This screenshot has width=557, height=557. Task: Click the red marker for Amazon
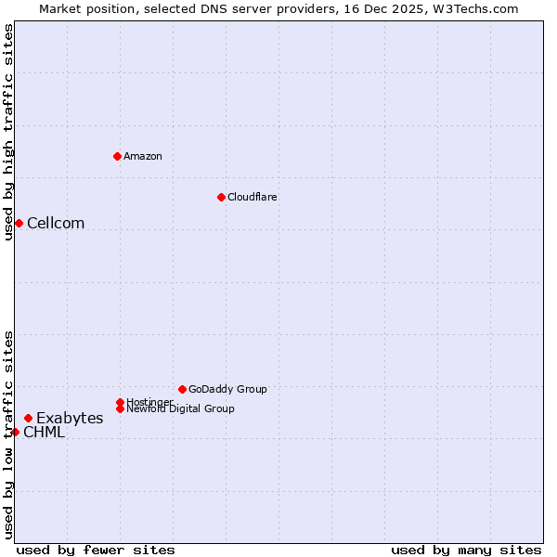[117, 156]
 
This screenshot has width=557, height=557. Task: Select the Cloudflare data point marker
[221, 197]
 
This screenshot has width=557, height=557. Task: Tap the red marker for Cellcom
[19, 223]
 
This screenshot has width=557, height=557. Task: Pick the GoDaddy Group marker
[182, 389]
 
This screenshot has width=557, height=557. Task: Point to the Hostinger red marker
[120, 402]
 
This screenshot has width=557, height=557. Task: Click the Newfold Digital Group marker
[120, 408]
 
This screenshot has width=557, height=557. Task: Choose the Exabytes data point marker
[28, 418]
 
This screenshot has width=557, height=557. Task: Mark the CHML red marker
[15, 432]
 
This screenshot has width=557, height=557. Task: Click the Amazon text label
[143, 156]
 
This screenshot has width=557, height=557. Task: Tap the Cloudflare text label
[253, 197]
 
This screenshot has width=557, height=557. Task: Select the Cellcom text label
[56, 223]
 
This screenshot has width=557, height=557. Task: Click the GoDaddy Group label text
[227, 389]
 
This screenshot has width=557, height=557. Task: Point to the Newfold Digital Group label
[181, 408]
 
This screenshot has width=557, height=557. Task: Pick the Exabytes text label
[70, 418]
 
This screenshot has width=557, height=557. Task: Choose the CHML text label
[45, 432]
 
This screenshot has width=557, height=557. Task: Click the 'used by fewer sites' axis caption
[96, 550]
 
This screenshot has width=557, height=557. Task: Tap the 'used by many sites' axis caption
[466, 550]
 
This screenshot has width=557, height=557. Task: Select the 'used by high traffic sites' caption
[8, 132]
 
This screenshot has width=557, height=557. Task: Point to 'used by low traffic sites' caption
[8, 434]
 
